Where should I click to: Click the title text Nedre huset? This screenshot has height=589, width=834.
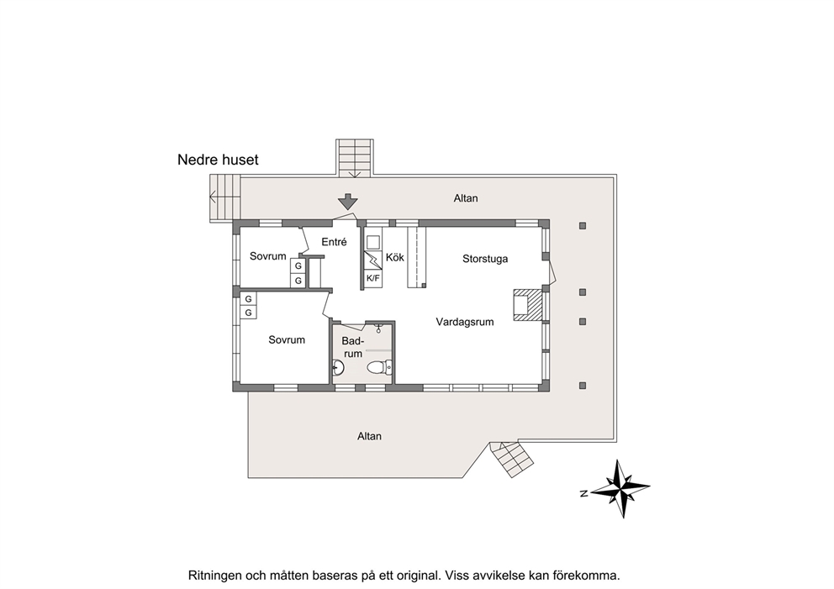coord(218,160)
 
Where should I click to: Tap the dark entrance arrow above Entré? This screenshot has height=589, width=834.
coord(348,202)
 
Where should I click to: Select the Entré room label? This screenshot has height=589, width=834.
coord(334,242)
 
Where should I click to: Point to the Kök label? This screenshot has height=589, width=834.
coord(394,257)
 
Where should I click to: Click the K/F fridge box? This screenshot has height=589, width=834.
coord(373,278)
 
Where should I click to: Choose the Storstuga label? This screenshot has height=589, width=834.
coord(485,259)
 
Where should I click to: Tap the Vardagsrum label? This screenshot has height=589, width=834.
coord(465,322)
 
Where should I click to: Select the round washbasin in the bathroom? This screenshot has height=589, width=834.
coord(338,366)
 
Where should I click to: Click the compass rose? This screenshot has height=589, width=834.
coord(620,488)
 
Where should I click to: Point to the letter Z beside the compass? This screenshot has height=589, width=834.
coord(583,494)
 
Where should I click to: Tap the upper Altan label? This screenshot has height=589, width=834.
coord(466,198)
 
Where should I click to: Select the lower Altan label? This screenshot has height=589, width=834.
coord(369,436)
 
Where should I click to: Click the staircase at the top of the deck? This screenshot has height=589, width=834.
coord(355,158)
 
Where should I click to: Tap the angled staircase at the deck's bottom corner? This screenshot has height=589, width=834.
coord(511,459)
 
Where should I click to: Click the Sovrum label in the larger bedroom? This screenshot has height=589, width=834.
coord(287,339)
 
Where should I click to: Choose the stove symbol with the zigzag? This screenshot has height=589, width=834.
coord(373,260)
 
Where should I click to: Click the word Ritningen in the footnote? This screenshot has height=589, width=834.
coord(214,576)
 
